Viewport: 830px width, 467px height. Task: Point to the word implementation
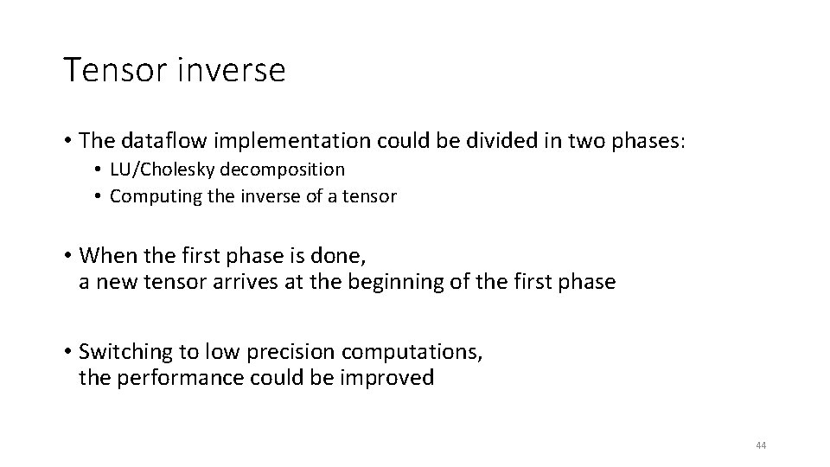[x=276, y=139]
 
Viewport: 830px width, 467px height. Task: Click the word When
[x=105, y=257]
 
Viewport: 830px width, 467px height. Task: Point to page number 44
[x=761, y=445]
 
